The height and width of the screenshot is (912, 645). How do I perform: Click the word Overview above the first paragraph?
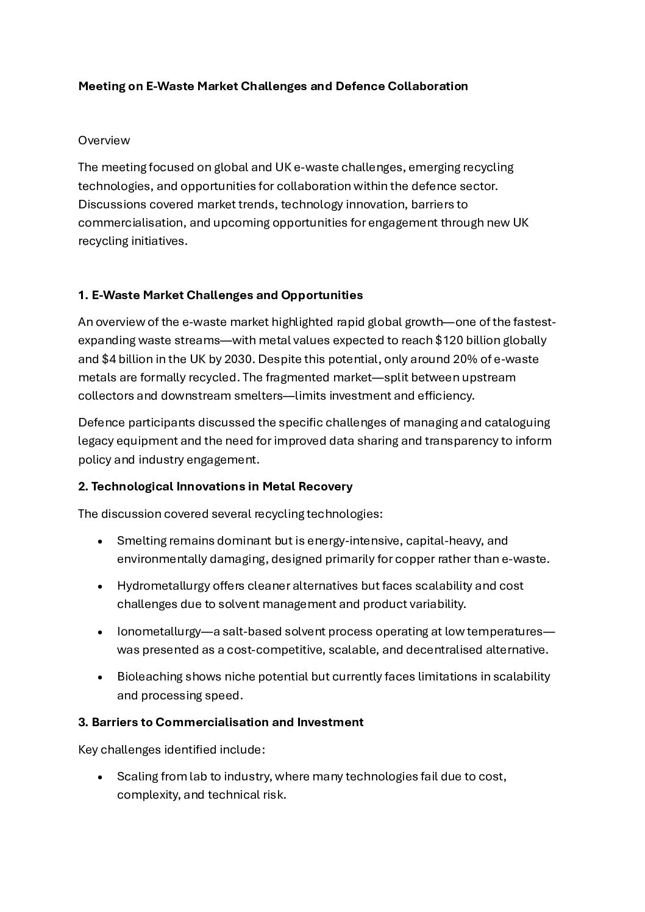coord(104,140)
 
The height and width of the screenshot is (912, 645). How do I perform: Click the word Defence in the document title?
coord(357,86)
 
